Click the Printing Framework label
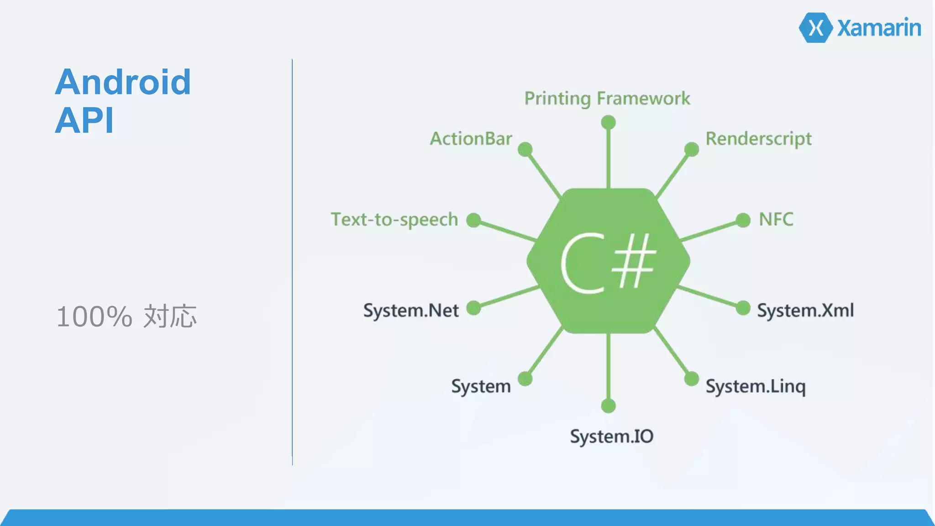[x=607, y=99]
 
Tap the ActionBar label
[x=471, y=138]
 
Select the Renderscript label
[x=758, y=139]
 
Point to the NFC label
[x=776, y=219]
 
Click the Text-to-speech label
[x=394, y=220]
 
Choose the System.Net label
[x=411, y=310]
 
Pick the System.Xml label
[x=805, y=310]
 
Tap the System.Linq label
[x=756, y=387]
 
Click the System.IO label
[x=611, y=437]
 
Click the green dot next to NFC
[x=743, y=220]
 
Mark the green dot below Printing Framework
[x=608, y=122]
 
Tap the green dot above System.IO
[x=608, y=405]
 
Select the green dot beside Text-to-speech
[x=474, y=220]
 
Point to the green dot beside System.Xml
[x=743, y=308]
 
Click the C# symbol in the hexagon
[x=608, y=262]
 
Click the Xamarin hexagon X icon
[x=816, y=28]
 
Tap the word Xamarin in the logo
[x=879, y=28]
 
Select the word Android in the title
[x=123, y=82]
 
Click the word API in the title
[x=84, y=121]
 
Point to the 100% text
[x=94, y=316]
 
